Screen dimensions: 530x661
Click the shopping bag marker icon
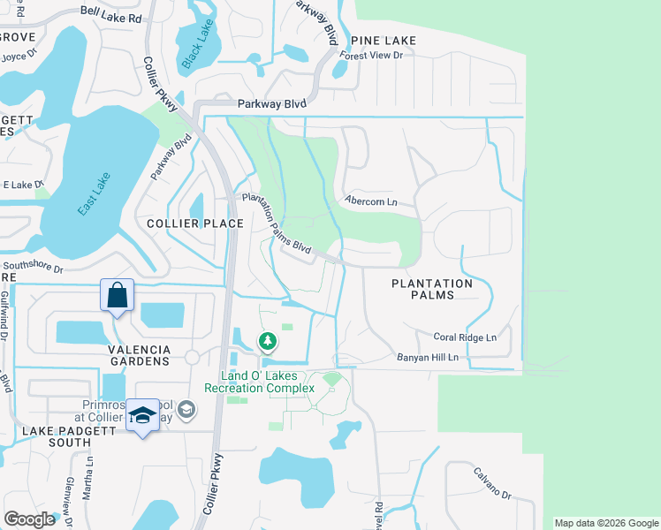point(117,296)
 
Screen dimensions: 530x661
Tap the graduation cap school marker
point(141,416)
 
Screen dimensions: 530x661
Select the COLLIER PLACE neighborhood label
point(196,223)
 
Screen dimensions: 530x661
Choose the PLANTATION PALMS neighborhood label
point(431,289)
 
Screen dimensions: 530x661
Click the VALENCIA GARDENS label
point(139,355)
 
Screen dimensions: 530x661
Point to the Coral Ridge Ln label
point(465,337)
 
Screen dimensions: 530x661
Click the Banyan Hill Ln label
point(428,357)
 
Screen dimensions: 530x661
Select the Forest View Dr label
point(372,56)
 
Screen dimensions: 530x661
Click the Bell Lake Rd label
point(110,17)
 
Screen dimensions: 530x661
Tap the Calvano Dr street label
point(492,483)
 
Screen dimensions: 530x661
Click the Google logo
point(29,519)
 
